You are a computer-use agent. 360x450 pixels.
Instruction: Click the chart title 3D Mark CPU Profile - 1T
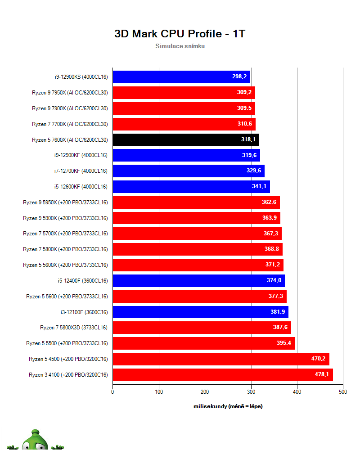tap(180, 34)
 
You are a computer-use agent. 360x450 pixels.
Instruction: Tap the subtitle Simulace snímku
tap(180, 46)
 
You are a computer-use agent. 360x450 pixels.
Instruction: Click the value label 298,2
tap(239, 77)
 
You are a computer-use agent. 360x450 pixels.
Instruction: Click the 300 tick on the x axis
tap(251, 392)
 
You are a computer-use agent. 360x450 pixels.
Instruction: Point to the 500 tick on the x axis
tap(343, 392)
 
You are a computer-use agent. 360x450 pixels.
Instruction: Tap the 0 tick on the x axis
tap(112, 392)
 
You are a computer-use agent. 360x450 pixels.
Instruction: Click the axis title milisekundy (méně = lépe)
tap(228, 406)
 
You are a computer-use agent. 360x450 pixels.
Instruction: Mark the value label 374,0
tap(274, 281)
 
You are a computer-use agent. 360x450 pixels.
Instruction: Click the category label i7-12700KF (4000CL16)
tap(81, 171)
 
